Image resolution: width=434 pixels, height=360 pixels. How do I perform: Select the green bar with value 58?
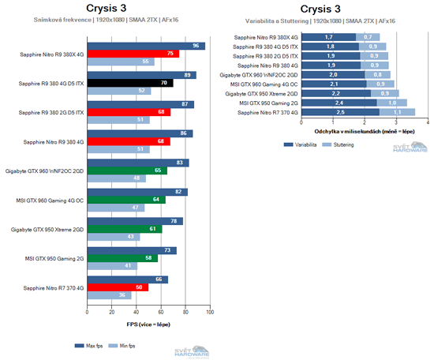(124, 257)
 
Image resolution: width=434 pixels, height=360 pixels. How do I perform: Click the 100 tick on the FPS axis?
(210, 313)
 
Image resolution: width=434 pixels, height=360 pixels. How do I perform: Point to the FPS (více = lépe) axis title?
(148, 324)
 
